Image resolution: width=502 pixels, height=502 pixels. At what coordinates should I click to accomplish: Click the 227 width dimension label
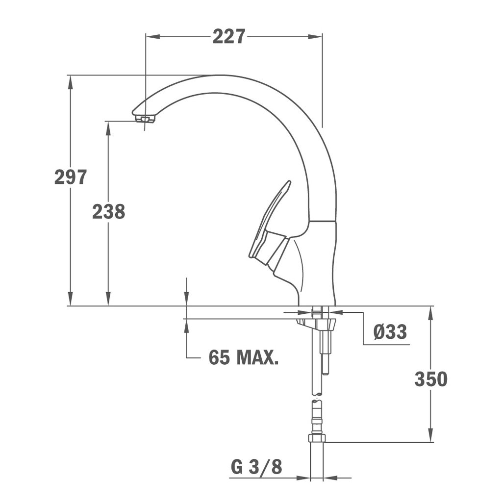tap(229, 36)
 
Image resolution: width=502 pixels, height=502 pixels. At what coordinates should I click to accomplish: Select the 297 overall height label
tap(71, 176)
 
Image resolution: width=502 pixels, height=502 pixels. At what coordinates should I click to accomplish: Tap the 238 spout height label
tap(108, 211)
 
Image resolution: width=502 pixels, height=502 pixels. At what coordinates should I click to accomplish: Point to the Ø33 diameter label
tap(390, 331)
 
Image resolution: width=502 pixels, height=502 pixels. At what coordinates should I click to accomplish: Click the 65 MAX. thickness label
tap(243, 357)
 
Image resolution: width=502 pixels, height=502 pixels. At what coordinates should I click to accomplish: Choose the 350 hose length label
tap(430, 379)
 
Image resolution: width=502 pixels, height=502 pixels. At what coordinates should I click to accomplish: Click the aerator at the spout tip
tap(145, 119)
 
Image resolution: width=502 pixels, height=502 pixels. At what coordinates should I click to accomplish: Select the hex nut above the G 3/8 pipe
tap(317, 438)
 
